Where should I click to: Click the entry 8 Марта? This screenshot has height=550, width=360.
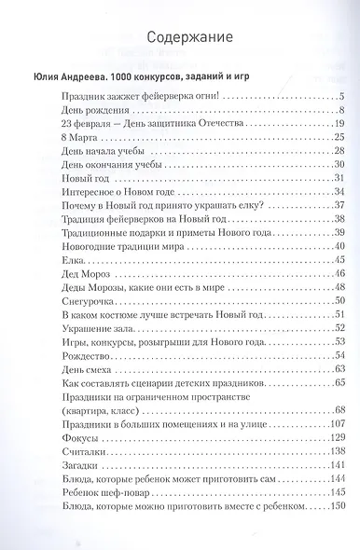coord(76,138)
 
